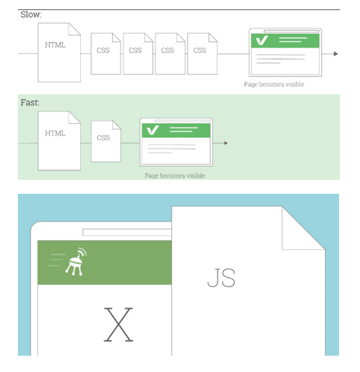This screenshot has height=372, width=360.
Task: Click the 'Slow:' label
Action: (x=31, y=15)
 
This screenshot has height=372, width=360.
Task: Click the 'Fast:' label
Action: (x=30, y=103)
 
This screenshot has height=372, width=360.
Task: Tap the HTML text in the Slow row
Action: (x=55, y=45)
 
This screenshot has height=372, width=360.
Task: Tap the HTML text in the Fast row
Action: (x=55, y=133)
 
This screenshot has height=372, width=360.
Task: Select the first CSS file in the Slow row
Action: (x=106, y=54)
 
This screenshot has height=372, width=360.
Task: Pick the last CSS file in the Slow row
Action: (x=202, y=54)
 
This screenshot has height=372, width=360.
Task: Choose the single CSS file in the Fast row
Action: (x=106, y=142)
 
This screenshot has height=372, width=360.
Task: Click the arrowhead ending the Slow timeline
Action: (x=336, y=54)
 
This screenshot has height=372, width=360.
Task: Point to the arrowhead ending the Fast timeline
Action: (x=226, y=143)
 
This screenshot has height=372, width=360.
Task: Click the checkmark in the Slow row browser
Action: (x=262, y=40)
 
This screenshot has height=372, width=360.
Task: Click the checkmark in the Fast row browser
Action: (x=152, y=130)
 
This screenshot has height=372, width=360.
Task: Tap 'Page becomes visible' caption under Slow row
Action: (x=274, y=84)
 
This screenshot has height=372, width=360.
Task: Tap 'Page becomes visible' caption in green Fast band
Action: (x=175, y=176)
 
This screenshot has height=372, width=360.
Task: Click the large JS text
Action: (x=222, y=278)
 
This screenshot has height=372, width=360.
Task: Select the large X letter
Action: (x=118, y=325)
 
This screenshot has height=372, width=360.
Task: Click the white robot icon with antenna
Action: (x=76, y=261)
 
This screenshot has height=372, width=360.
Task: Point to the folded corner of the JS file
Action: (x=302, y=228)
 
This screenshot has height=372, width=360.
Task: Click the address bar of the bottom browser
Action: (x=127, y=232)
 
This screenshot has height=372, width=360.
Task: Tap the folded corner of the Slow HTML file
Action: (x=75, y=29)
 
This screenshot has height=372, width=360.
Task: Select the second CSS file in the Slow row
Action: (x=138, y=54)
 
